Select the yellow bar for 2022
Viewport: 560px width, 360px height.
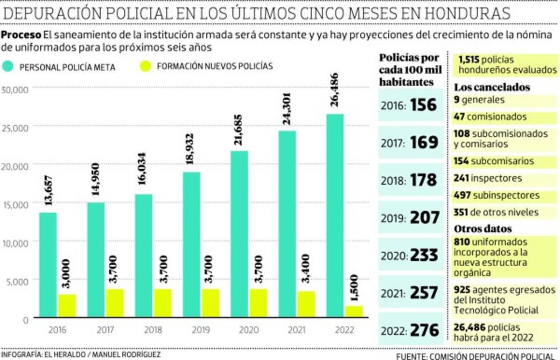tap(354, 311)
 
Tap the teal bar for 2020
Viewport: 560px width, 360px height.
tap(239, 233)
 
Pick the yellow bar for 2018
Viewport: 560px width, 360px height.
tap(163, 303)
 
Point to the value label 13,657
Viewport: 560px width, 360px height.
tap(48, 191)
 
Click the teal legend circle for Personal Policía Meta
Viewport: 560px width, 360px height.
tap(9, 67)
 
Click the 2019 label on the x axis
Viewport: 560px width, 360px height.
tap(201, 330)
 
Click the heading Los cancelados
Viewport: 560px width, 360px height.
tap(491, 87)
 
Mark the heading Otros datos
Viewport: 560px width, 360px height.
tap(483, 229)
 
